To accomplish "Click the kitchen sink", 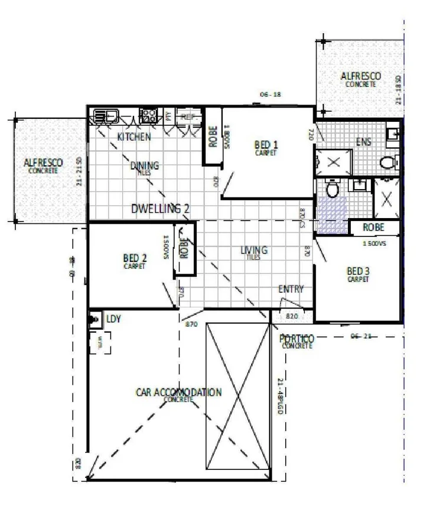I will pyautogui.click(x=105, y=115).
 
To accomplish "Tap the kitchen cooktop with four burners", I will pyautogui.click(x=148, y=115).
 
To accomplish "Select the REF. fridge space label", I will pyautogui.click(x=188, y=116).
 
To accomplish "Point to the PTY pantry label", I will pyautogui.click(x=168, y=116).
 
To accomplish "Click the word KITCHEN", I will pyautogui.click(x=134, y=137).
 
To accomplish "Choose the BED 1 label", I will pyautogui.click(x=266, y=145).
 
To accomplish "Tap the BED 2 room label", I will pyautogui.click(x=135, y=258).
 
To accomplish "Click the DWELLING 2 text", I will pyautogui.click(x=160, y=208).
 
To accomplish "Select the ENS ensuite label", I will pyautogui.click(x=363, y=142).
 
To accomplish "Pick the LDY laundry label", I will pyautogui.click(x=113, y=319).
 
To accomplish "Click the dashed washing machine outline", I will pyautogui.click(x=100, y=342).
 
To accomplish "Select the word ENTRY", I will pyautogui.click(x=291, y=289).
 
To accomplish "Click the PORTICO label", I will pyautogui.click(x=297, y=339).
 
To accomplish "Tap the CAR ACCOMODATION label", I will pyautogui.click(x=178, y=392).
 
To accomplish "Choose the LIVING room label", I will pyautogui.click(x=254, y=251).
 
